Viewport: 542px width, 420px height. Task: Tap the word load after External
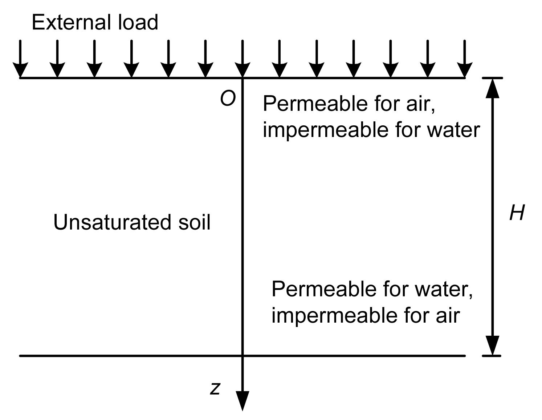coord(138,23)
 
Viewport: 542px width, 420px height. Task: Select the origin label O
coord(228,98)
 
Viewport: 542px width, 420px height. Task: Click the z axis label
coord(215,388)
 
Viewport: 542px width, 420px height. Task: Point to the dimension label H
coord(517,213)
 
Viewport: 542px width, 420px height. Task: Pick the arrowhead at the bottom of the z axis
coord(242,400)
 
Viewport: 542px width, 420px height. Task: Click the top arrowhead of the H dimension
coord(492,88)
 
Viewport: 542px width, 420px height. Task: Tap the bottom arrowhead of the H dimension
coord(492,345)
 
